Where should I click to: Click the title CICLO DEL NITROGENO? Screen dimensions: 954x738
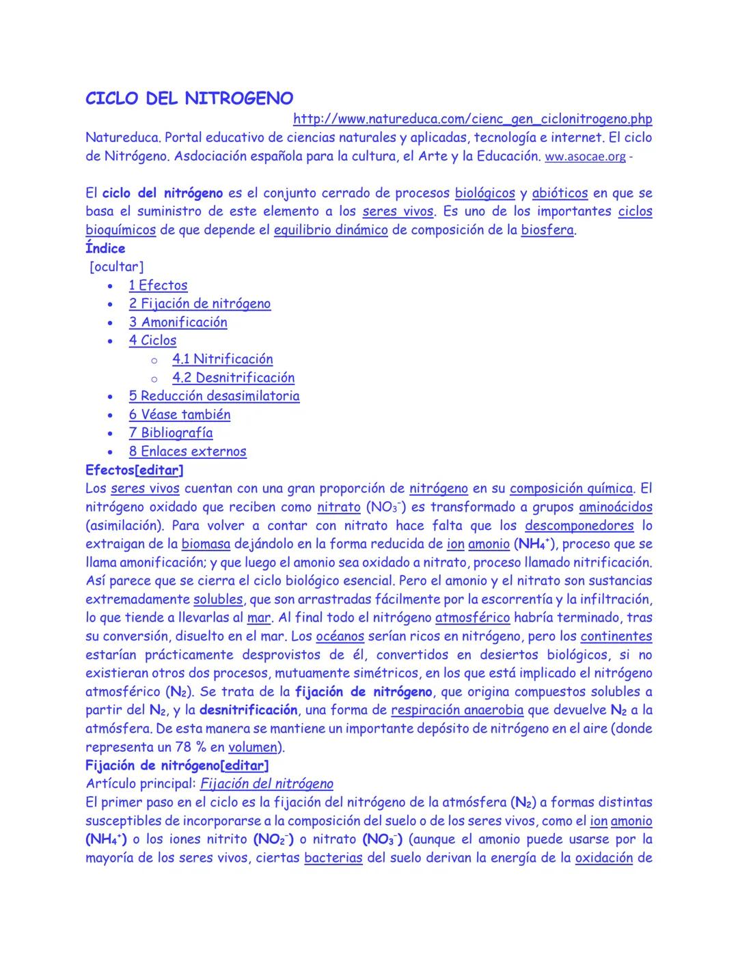coord(189,99)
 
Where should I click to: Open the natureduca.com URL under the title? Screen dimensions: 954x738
coord(472,120)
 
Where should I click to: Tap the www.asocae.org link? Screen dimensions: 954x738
coord(585,157)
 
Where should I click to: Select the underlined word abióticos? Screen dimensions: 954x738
coord(560,193)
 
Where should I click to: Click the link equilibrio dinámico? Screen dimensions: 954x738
coord(331,230)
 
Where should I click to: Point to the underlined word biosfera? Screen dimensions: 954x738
coord(547,230)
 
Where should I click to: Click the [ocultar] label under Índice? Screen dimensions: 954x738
coord(116,267)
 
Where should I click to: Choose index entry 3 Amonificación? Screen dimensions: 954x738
coord(178,322)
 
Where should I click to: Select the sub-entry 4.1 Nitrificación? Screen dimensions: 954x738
coord(222,359)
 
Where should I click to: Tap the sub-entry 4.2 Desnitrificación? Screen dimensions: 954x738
coord(233,378)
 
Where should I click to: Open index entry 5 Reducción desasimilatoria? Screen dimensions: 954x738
coord(214,396)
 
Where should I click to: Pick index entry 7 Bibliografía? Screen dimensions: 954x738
coord(170,433)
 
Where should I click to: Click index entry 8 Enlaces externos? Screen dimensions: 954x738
coord(187,451)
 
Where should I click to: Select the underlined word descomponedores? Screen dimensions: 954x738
coord(579,526)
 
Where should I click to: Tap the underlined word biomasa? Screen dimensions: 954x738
coord(206,544)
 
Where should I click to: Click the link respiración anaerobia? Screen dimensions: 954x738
coord(457,710)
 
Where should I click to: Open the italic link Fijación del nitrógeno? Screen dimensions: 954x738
coord(266,784)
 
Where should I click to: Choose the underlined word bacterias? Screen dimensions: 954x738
coord(333,858)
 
